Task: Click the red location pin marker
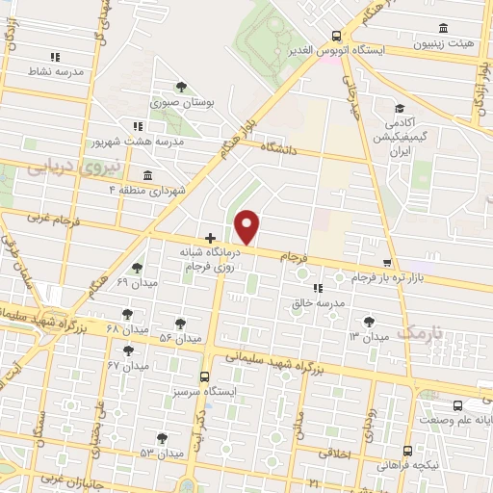tap(247, 227)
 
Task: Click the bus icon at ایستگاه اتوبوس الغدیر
tap(335, 33)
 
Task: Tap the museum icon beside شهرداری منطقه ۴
tap(146, 176)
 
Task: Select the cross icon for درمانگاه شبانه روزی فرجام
tap(210, 237)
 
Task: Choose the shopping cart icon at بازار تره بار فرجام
tap(387, 263)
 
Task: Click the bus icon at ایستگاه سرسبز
tap(204, 377)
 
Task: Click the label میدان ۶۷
tap(127, 366)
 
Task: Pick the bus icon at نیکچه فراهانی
tap(407, 450)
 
